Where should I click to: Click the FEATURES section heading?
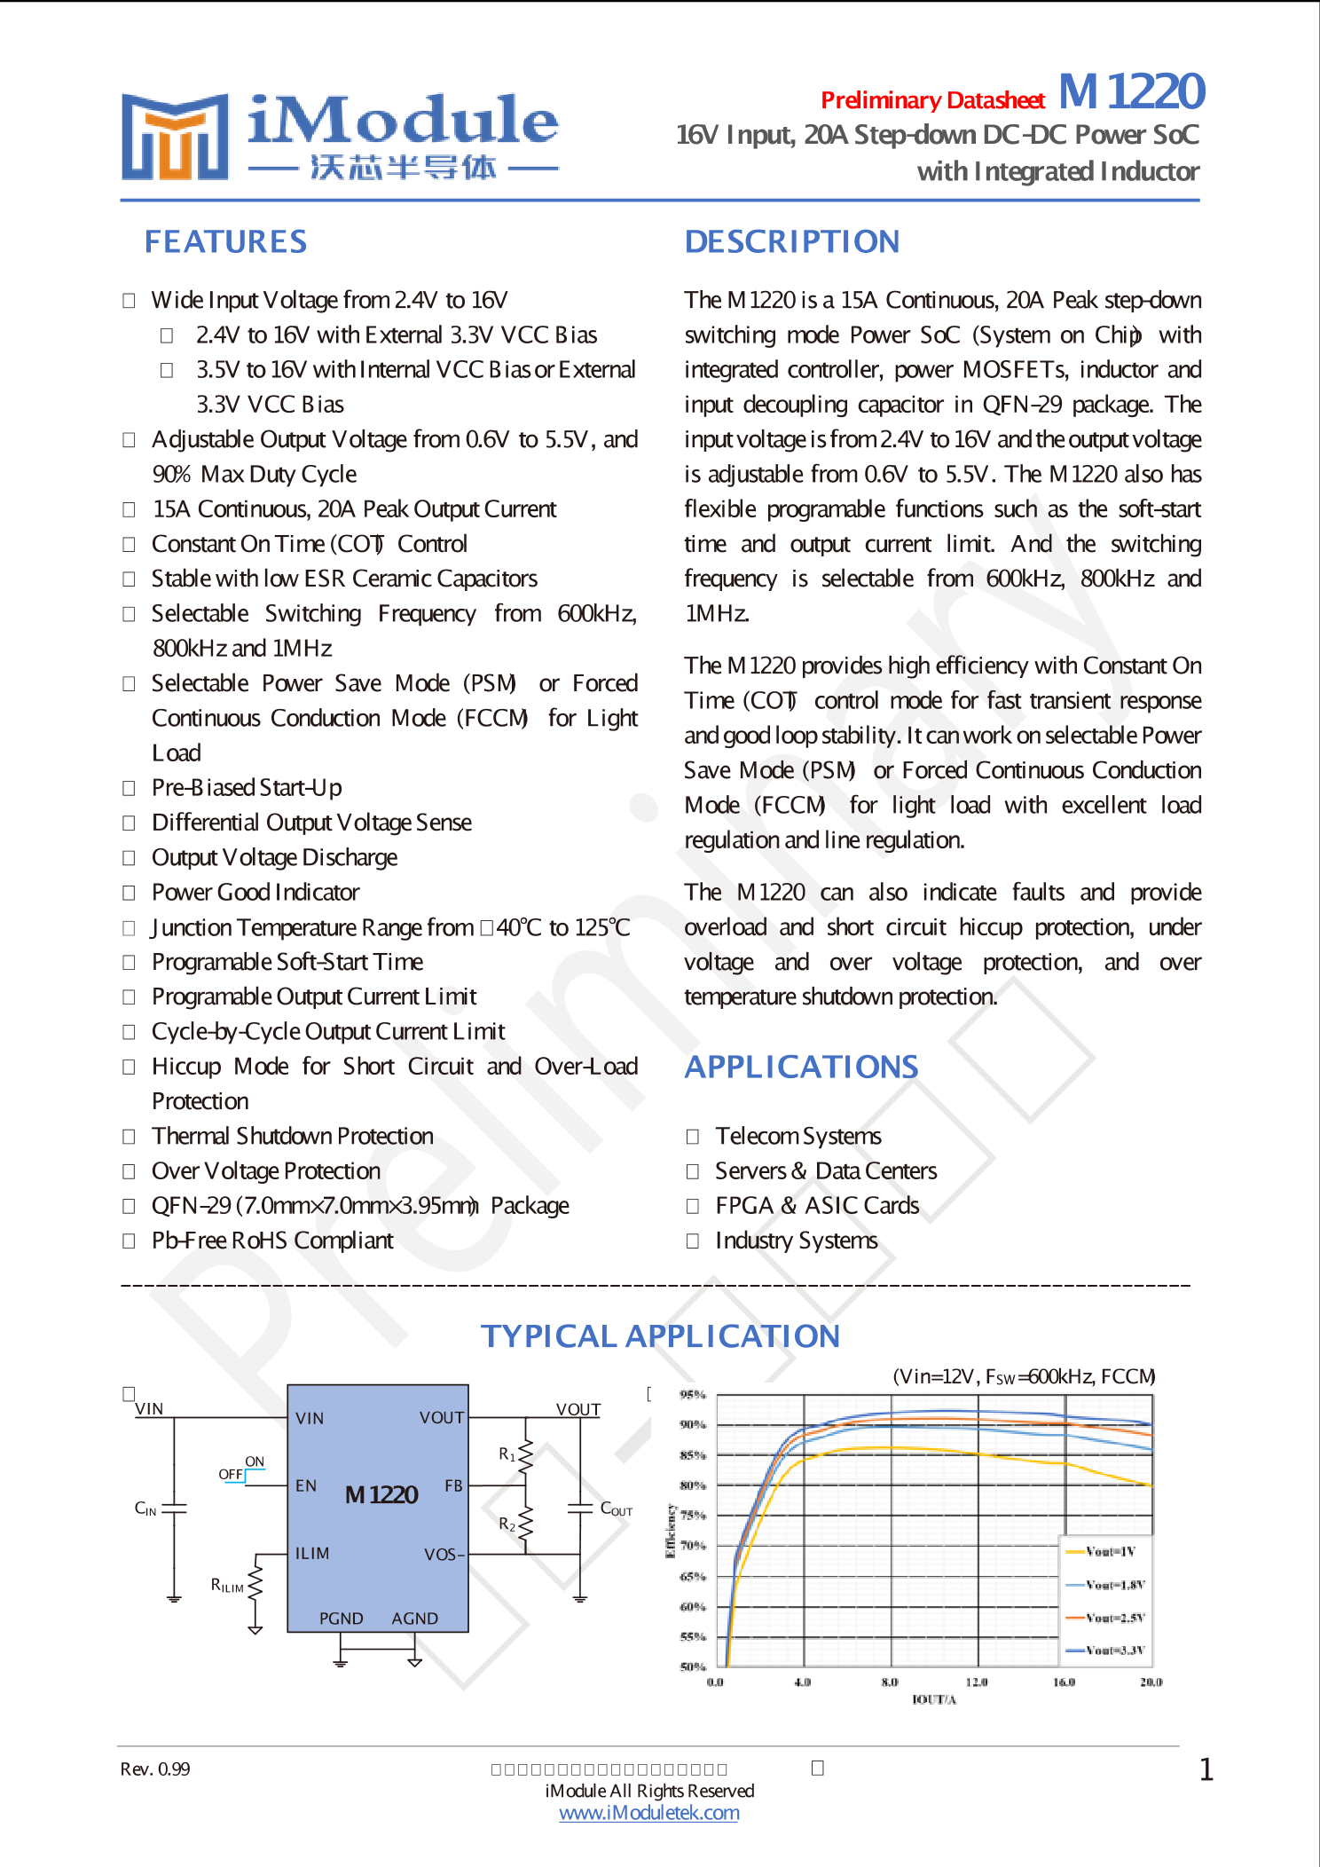[225, 241]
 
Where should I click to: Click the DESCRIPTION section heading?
[791, 241]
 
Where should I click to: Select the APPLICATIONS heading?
[801, 1067]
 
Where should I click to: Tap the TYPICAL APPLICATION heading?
[660, 1335]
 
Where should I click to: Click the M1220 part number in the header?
[1132, 91]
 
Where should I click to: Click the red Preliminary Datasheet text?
[932, 100]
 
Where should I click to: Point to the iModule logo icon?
[175, 137]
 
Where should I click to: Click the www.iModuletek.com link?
[648, 1813]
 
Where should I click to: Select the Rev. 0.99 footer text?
[155, 1769]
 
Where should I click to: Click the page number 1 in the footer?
[1206, 1770]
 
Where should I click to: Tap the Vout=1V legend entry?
[1109, 1552]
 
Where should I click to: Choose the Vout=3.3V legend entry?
[1113, 1650]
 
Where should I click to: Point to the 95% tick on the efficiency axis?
[692, 1394]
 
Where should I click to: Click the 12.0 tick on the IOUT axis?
[977, 1682]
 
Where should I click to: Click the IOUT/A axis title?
[934, 1699]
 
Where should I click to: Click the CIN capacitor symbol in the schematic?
[174, 1509]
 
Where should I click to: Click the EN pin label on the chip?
[306, 1485]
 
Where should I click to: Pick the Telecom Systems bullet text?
[797, 1136]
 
